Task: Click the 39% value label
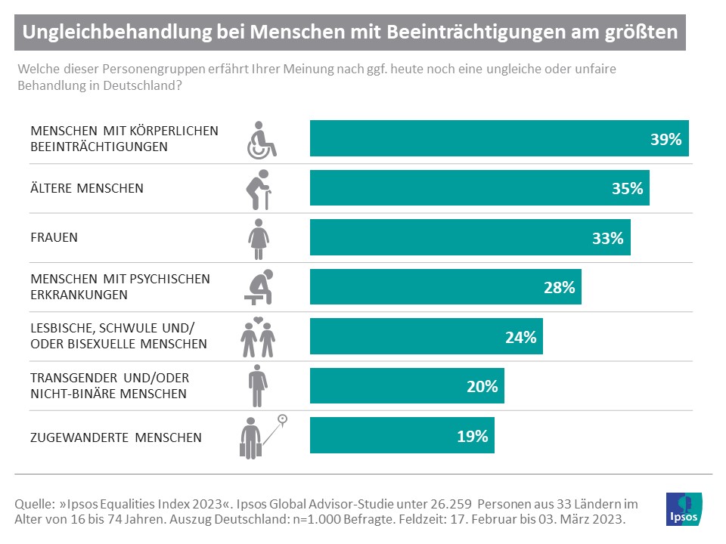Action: coord(665,139)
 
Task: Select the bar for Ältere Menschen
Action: coord(479,188)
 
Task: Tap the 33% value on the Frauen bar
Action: coord(607,238)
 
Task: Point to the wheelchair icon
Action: coord(262,139)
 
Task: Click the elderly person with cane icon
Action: coord(259,188)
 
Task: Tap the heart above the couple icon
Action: coord(258,322)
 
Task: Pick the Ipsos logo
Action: coord(683,509)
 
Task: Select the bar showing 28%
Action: coord(445,287)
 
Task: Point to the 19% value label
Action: coord(472,436)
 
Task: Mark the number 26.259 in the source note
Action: coord(450,503)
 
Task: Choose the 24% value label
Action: coord(520,337)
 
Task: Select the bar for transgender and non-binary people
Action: coord(407,386)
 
